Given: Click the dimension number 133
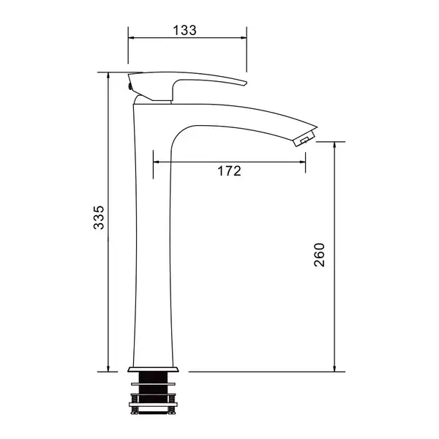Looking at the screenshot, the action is [185, 30].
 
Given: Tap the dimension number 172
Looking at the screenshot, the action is [229, 170].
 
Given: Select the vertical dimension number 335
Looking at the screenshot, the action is [99, 217].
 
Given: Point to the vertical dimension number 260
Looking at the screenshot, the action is [319, 255].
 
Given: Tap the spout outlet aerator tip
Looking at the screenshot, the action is [305, 138].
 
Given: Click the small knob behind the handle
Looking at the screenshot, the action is [130, 86].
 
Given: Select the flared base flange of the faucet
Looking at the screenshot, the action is [153, 369].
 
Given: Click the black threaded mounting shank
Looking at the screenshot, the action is [154, 392].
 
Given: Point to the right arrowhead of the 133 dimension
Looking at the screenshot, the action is [244, 37].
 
